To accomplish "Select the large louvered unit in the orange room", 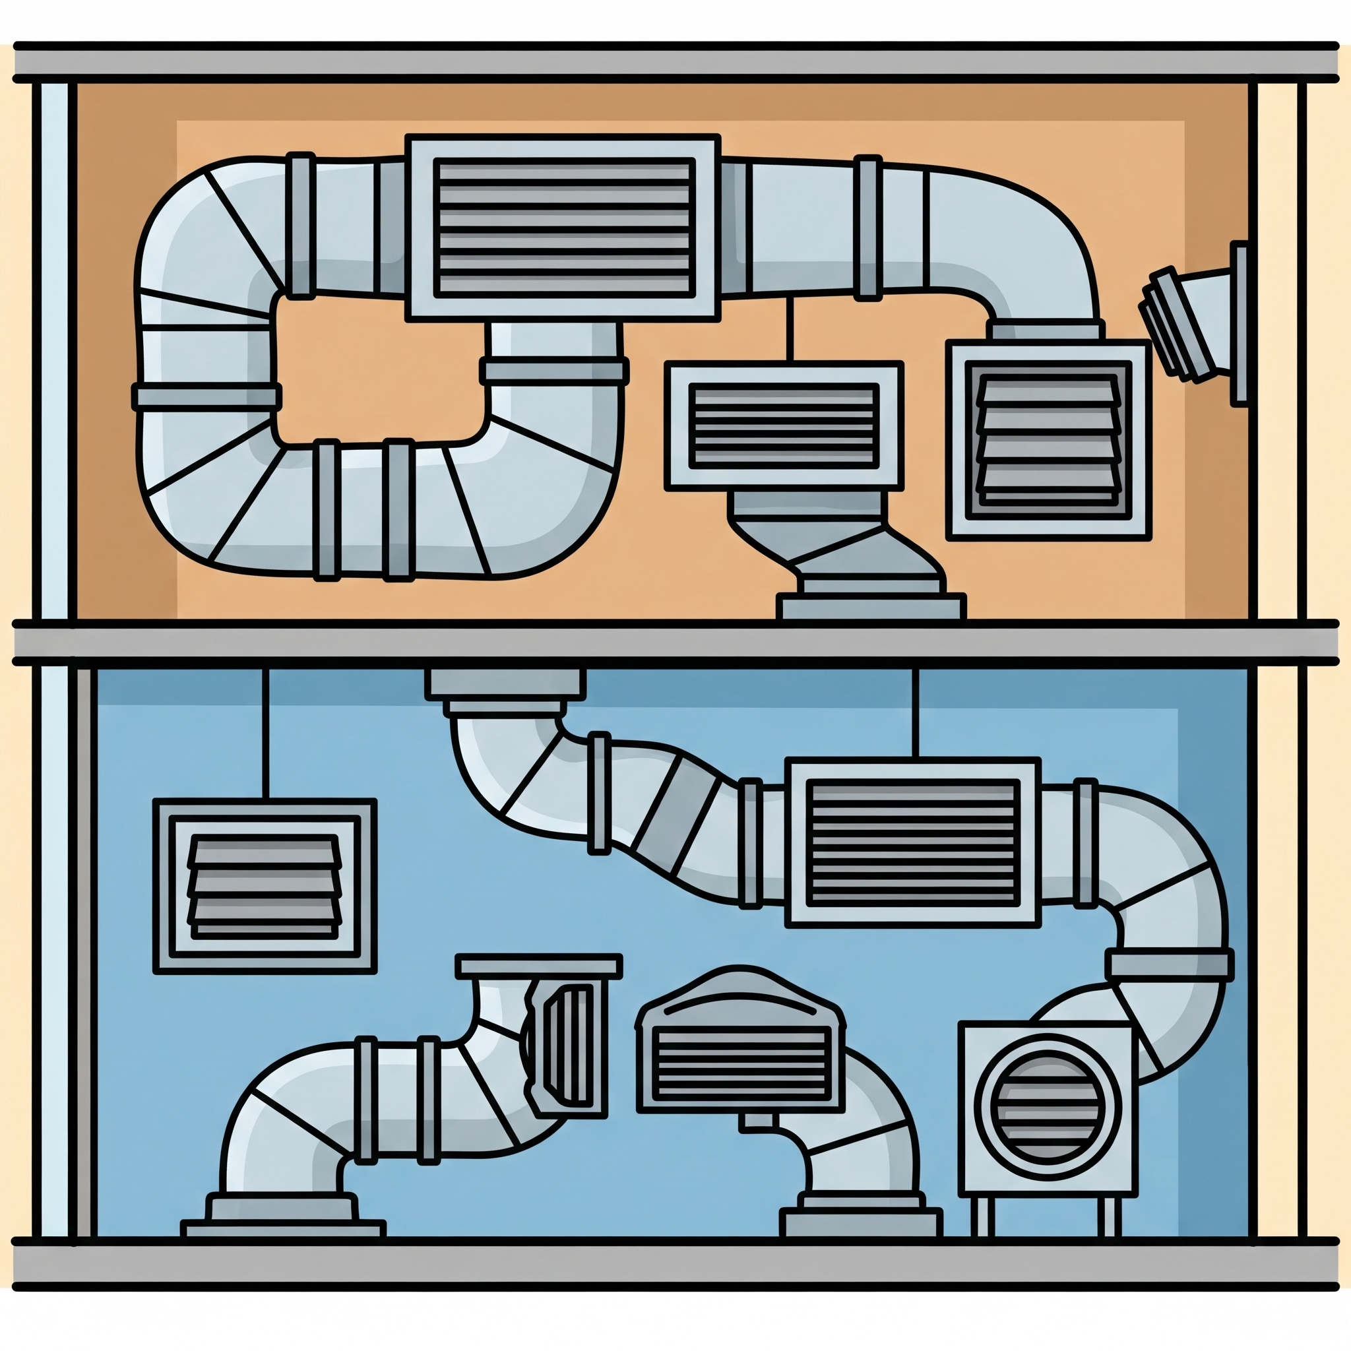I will coord(563,228).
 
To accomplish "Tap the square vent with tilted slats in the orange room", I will coord(1048,440).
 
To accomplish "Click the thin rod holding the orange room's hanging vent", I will coord(790,329).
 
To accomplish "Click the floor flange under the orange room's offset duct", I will coord(871,606).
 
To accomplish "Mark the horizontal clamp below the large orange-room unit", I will coord(554,371).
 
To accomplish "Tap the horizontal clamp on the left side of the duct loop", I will coord(207,396).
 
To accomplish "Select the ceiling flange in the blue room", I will coord(505,685).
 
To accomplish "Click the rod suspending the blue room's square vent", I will coord(265,734).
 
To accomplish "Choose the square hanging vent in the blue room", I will coord(265,886).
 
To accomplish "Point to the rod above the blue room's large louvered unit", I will coord(916,713).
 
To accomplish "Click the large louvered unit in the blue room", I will coord(912,842).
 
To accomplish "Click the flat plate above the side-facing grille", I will coord(538,966).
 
